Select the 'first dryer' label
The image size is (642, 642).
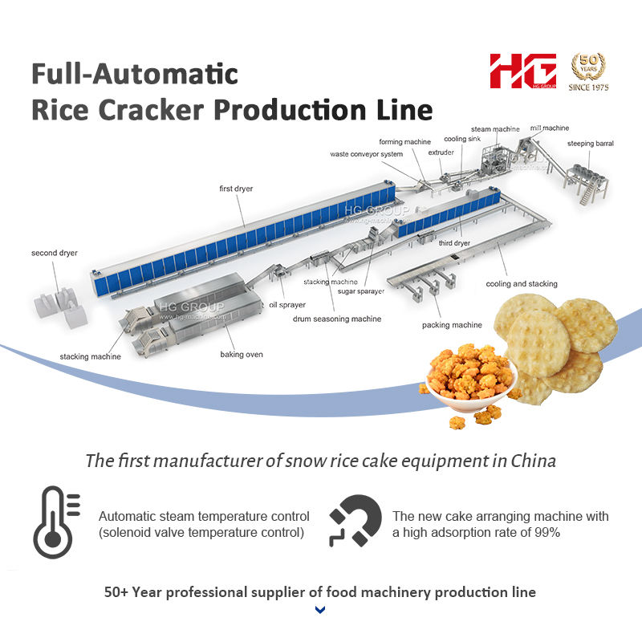[x=236, y=189]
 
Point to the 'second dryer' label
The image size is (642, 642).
[x=55, y=253]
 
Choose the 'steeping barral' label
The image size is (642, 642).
[x=591, y=144]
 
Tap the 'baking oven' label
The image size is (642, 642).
[x=242, y=354]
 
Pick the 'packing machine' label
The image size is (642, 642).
[x=452, y=325]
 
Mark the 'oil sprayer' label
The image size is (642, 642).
[x=286, y=305]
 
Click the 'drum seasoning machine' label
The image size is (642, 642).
[x=336, y=319]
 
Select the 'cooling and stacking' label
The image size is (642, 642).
[x=522, y=283]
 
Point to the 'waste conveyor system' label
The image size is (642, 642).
[x=366, y=154]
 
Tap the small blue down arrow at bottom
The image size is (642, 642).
[x=320, y=611]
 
